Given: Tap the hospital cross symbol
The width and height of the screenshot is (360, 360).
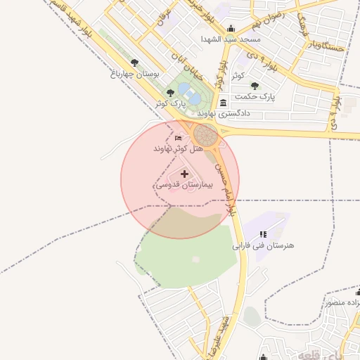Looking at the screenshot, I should point(185,173).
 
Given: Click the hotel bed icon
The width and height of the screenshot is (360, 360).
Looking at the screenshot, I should point(178,139).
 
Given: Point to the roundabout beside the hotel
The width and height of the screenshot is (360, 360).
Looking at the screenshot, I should point(207,135).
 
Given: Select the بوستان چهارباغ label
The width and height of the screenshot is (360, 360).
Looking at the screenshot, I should point(136,73).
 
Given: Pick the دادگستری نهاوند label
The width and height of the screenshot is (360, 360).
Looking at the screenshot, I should point(224,113).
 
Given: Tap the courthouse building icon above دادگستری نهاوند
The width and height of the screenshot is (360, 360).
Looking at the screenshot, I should point(223,102).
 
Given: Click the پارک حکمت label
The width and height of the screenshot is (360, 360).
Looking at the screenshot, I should point(255,96).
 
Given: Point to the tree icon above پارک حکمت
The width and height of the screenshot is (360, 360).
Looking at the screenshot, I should point(254,85).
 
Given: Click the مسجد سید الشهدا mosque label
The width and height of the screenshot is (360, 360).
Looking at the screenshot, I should point(231,39).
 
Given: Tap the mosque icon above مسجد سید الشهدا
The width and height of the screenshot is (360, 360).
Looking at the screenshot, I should point(231,28).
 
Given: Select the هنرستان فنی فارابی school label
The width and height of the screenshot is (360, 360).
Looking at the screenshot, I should point(264,246).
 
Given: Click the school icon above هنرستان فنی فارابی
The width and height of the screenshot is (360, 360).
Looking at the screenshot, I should point(263,234).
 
